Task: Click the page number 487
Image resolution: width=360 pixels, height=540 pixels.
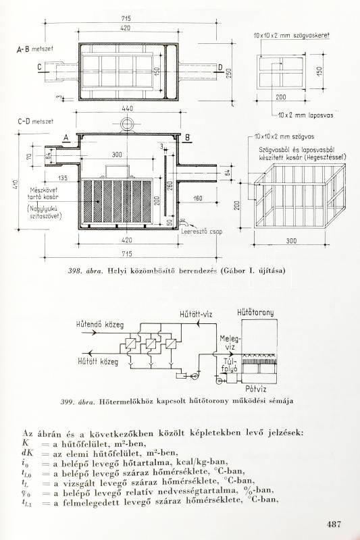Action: [x=336, y=523]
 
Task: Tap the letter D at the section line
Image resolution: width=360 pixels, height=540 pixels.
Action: [x=220, y=66]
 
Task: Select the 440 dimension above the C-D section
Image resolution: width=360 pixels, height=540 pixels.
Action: [x=128, y=108]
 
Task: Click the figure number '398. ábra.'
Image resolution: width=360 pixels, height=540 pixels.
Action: [x=84, y=271]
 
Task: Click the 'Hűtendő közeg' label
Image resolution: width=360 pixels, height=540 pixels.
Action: [x=91, y=324]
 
